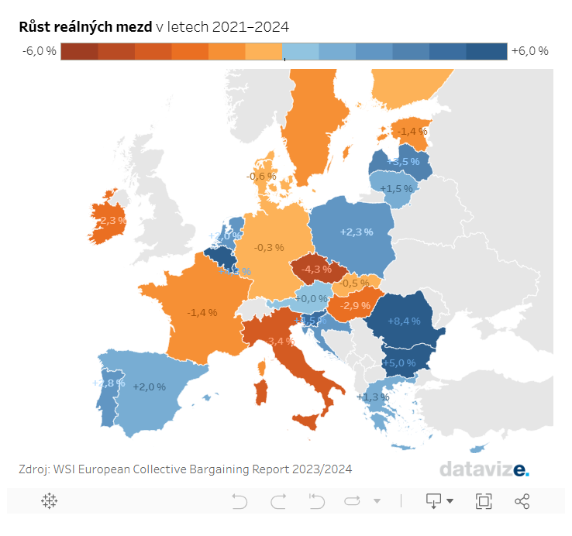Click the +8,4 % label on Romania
click(403, 321)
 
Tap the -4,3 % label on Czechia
click(319, 269)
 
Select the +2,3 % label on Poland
click(357, 232)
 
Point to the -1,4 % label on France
click(202, 312)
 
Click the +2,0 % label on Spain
click(149, 387)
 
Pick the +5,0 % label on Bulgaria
click(399, 362)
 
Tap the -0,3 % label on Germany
click(269, 248)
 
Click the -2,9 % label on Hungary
click(356, 307)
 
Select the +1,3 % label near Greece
click(373, 397)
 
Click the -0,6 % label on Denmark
click(261, 177)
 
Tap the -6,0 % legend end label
click(40, 51)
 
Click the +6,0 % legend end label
click(530, 51)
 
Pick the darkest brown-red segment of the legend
click(79, 51)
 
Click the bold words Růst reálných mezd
click(85, 27)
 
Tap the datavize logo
click(484, 469)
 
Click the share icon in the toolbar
click(522, 501)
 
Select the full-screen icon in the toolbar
click(484, 501)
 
